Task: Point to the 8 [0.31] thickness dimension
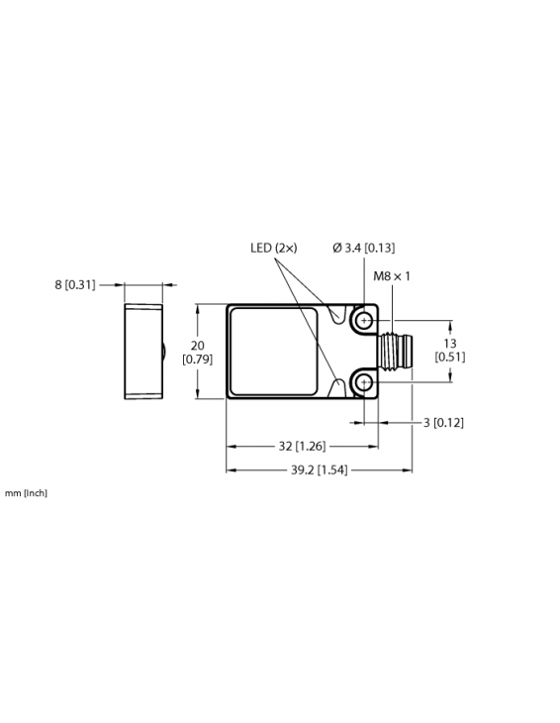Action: (75, 285)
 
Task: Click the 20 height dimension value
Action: (196, 345)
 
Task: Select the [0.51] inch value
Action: (450, 358)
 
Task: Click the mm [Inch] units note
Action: (26, 492)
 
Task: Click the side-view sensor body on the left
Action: (142, 352)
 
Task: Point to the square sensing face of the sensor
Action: (276, 352)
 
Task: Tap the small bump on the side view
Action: (165, 352)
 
